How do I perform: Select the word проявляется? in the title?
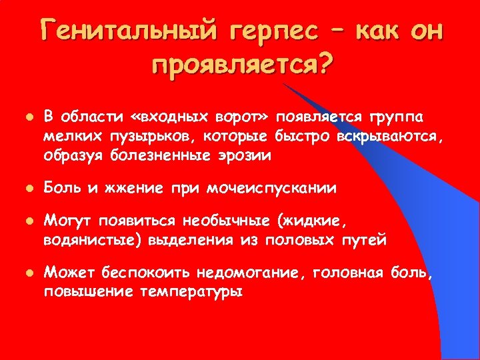[243, 67]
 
